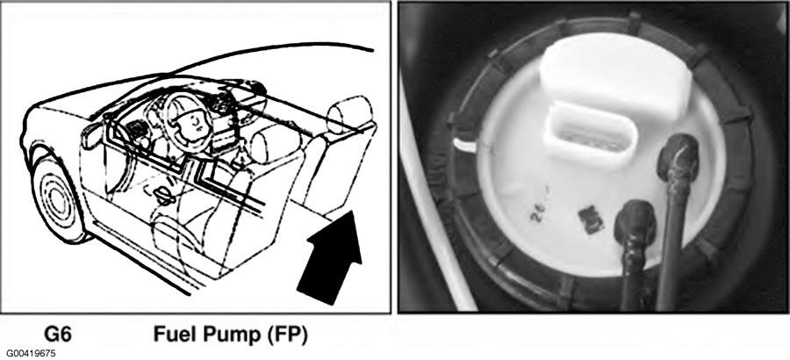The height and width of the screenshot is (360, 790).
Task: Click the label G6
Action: pos(58,335)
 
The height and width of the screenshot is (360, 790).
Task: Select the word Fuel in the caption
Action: pos(172,335)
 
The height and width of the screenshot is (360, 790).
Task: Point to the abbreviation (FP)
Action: pos(282,335)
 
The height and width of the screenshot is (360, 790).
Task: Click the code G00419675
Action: pos(32,354)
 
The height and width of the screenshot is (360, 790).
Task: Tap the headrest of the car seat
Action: pos(349,114)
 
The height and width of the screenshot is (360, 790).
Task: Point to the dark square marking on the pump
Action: pos(591,220)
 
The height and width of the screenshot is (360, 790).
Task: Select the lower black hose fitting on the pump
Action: pos(635,221)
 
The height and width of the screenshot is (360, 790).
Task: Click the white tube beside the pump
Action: pos(437,202)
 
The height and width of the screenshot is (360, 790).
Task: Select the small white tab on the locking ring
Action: pos(464,145)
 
